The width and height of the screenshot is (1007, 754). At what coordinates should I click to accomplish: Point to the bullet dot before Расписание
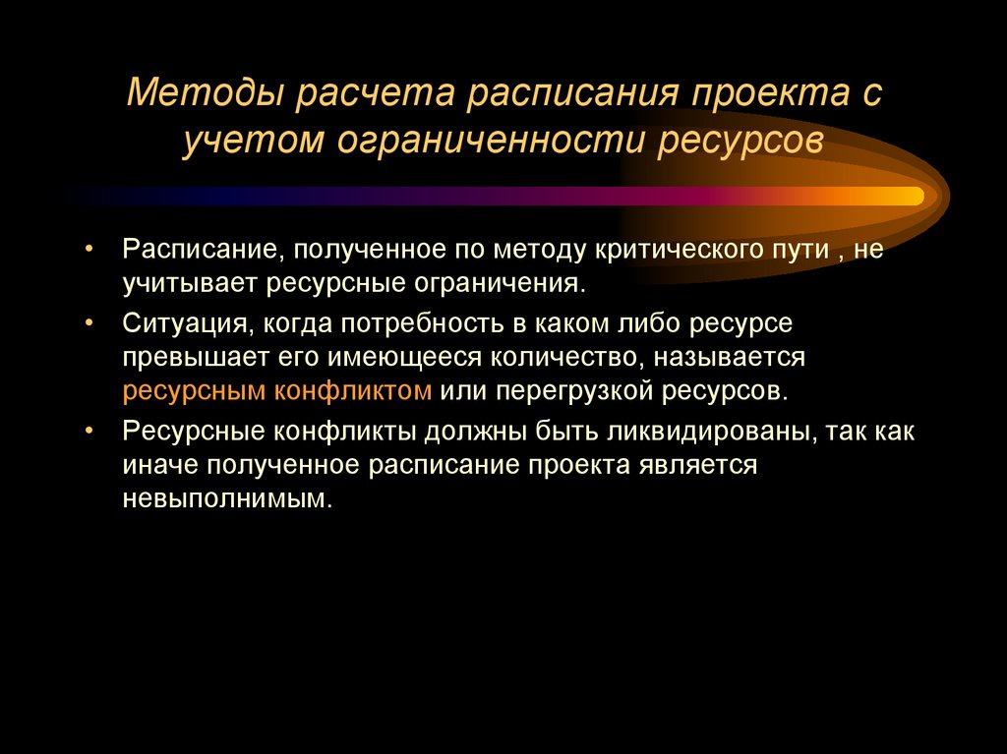[x=89, y=249]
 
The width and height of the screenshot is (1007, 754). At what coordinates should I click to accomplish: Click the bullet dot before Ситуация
[x=89, y=320]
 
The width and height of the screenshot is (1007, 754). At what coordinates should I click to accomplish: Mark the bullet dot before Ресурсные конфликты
[x=89, y=430]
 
